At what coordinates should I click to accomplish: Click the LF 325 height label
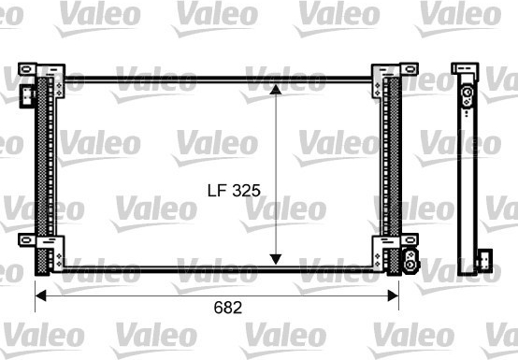pyautogui.click(x=234, y=191)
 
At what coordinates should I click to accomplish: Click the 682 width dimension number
pyautogui.click(x=228, y=308)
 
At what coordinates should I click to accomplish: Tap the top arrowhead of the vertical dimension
pyautogui.click(x=276, y=90)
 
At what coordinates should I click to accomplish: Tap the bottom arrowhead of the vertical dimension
pyautogui.click(x=276, y=259)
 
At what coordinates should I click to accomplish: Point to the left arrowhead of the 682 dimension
pyautogui.click(x=40, y=295)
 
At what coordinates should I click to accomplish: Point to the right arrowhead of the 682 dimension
pyautogui.click(x=393, y=295)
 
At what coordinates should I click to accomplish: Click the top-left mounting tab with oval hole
pyautogui.click(x=27, y=69)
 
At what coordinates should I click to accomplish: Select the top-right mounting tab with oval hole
pyautogui.click(x=410, y=69)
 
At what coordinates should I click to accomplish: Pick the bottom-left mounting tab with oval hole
pyautogui.click(x=27, y=240)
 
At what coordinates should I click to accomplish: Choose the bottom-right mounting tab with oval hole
pyautogui.click(x=410, y=239)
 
